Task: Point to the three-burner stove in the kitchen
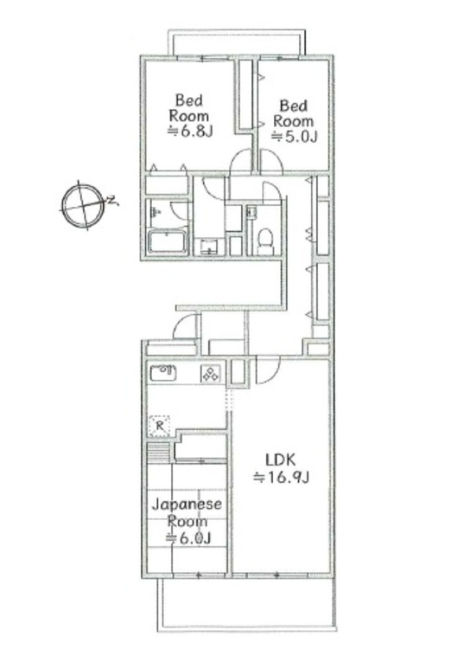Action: click(211, 374)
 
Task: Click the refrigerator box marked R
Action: click(158, 425)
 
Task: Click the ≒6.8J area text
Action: click(188, 131)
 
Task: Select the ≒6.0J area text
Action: click(188, 538)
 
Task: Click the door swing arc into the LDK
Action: click(266, 369)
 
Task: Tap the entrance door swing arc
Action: click(186, 327)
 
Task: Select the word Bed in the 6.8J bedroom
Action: click(188, 99)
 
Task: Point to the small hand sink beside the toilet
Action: click(251, 212)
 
